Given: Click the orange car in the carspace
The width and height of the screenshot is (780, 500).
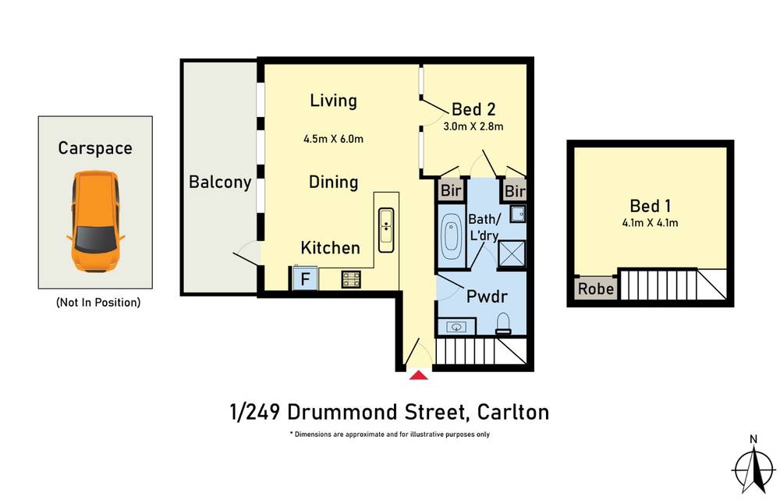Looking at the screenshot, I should [x=94, y=222].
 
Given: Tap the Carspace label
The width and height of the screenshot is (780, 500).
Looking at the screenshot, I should [x=95, y=148].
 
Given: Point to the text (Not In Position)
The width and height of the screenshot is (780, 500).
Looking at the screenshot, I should [x=97, y=303].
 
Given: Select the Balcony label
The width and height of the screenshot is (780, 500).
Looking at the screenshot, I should [x=220, y=183].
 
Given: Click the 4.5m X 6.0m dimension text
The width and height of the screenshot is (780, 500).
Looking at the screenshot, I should [x=334, y=140].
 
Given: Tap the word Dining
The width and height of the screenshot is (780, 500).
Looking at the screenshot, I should [x=333, y=183].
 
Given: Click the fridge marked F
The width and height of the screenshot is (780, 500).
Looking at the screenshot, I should [x=303, y=278].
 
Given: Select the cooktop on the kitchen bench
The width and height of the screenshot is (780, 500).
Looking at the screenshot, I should [x=351, y=278].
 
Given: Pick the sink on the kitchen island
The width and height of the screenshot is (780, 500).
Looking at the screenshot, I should [x=387, y=229].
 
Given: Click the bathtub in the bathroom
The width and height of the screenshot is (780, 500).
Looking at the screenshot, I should [x=452, y=233].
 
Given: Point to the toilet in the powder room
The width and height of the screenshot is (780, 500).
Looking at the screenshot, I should [x=503, y=324].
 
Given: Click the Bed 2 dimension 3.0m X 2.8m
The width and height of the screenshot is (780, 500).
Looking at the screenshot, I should [x=473, y=126].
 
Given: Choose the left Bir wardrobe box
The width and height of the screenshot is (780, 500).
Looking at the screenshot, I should [x=451, y=191].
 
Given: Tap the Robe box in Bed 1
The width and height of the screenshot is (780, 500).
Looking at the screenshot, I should [x=596, y=289].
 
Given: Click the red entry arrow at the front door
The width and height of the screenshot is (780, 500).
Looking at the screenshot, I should [x=419, y=375].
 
